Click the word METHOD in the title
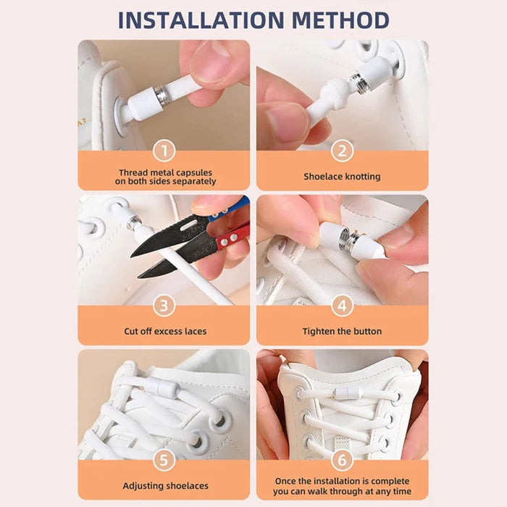click(339, 20)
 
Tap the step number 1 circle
click(164, 151)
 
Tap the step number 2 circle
click(342, 151)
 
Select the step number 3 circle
click(164, 306)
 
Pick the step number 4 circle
click(342, 306)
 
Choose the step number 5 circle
click(164, 461)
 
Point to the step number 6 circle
click(342, 461)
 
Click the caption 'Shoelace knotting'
click(342, 177)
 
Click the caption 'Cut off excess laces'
click(164, 332)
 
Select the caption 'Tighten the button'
click(342, 332)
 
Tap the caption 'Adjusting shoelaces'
click(164, 486)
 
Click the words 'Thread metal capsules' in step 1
click(164, 173)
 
